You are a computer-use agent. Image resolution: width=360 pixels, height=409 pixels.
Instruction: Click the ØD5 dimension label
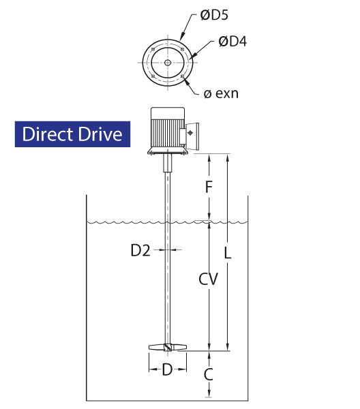pyautogui.click(x=214, y=15)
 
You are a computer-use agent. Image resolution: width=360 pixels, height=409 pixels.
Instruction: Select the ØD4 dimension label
pyautogui.click(x=232, y=42)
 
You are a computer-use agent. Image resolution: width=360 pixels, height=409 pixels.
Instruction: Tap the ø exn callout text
pyautogui.click(x=221, y=93)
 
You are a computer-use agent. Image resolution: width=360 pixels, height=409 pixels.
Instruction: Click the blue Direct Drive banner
pyautogui.click(x=72, y=134)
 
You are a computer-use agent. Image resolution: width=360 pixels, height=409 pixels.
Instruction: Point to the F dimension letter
pyautogui.click(x=209, y=187)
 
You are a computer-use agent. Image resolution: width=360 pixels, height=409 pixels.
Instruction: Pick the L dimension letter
pyautogui.click(x=228, y=253)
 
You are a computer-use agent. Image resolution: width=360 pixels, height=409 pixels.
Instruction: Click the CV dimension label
pyautogui.click(x=208, y=279)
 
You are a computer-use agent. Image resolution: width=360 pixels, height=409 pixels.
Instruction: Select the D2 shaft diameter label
pyautogui.click(x=140, y=250)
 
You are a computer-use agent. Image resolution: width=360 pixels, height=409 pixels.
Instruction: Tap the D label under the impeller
pyautogui.click(x=167, y=369)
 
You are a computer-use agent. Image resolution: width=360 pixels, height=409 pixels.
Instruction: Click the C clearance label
pyautogui.click(x=209, y=374)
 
